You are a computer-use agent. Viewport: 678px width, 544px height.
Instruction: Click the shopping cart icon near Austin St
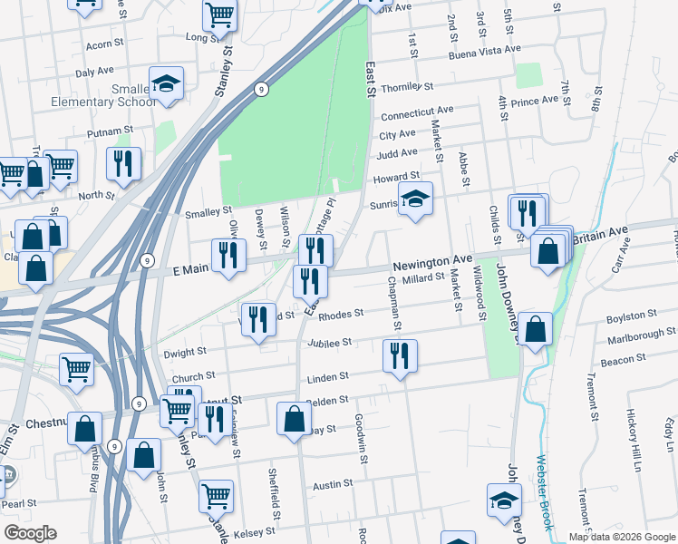[217, 496]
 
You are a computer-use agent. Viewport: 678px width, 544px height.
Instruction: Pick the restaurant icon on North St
[123, 163]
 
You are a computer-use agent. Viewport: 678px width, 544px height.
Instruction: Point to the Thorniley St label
[409, 88]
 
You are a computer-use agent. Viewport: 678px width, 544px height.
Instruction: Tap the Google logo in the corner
[30, 533]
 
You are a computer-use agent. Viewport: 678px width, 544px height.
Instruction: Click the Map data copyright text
[623, 537]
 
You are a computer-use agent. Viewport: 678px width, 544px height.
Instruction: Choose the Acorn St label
[104, 44]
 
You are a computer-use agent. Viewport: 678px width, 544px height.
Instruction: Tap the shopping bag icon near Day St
[294, 419]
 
